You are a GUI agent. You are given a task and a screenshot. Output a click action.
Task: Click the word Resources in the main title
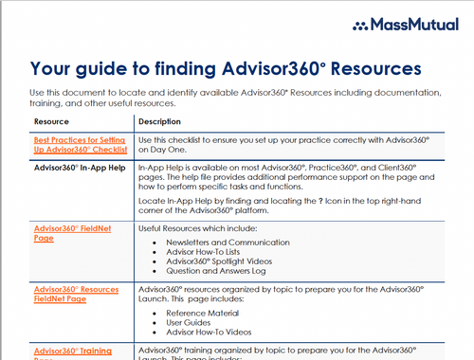point(374,69)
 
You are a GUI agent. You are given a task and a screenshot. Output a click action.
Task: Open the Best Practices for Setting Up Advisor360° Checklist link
point(80,144)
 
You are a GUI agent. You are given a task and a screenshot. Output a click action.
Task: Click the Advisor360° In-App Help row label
point(80,168)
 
